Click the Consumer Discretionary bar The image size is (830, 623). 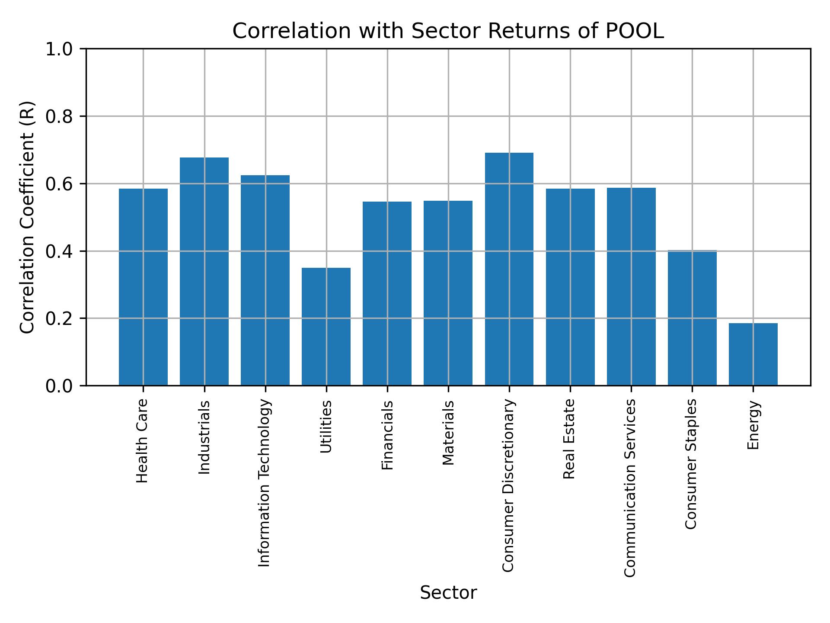click(509, 269)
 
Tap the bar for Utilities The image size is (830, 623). click(326, 326)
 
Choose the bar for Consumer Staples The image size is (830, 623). click(692, 318)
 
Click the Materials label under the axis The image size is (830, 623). click(448, 433)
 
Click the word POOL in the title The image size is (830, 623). click(635, 31)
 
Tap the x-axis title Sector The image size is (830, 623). click(448, 593)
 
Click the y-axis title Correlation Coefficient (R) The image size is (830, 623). click(27, 217)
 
